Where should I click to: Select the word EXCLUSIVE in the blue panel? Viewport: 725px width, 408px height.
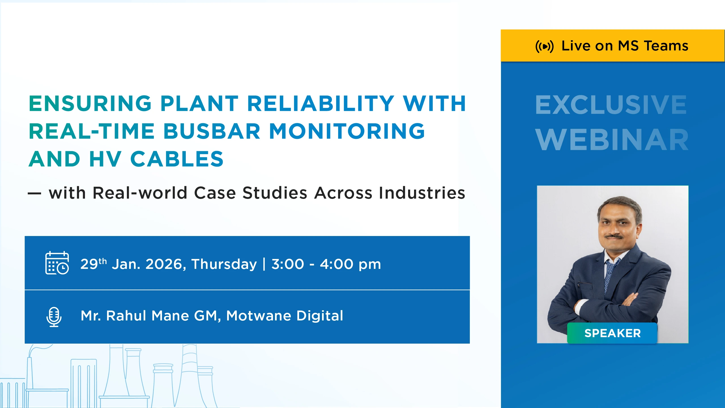click(x=611, y=105)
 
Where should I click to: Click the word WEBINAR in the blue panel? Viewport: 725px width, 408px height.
click(x=612, y=140)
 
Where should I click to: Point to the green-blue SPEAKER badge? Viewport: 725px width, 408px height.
click(x=612, y=333)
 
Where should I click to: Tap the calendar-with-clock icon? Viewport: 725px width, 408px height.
click(x=57, y=263)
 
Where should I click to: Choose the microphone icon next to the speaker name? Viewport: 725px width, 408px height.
click(x=54, y=317)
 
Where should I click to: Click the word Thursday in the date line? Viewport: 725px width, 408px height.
click(x=224, y=264)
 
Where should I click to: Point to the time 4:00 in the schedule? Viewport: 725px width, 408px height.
click(x=337, y=264)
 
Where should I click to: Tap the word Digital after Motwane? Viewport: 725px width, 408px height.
click(x=320, y=316)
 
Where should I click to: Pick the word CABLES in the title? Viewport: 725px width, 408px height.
click(x=177, y=159)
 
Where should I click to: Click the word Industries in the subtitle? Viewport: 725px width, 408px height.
click(x=422, y=193)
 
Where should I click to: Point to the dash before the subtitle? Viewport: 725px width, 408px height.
click(x=35, y=194)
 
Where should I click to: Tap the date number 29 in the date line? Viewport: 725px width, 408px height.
click(x=89, y=264)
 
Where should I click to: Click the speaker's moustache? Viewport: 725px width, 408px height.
click(x=614, y=236)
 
